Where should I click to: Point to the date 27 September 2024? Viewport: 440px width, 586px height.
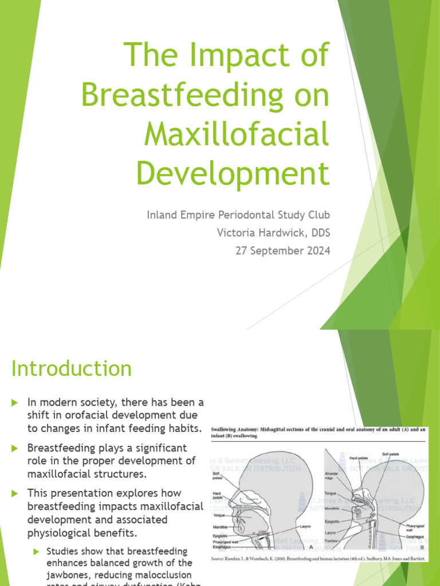(283, 251)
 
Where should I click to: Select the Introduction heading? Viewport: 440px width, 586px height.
(71, 369)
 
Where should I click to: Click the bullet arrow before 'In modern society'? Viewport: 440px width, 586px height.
(15, 403)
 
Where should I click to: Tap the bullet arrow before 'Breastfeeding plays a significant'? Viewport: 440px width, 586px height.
(15, 448)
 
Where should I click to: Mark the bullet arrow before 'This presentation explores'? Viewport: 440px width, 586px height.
(15, 493)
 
